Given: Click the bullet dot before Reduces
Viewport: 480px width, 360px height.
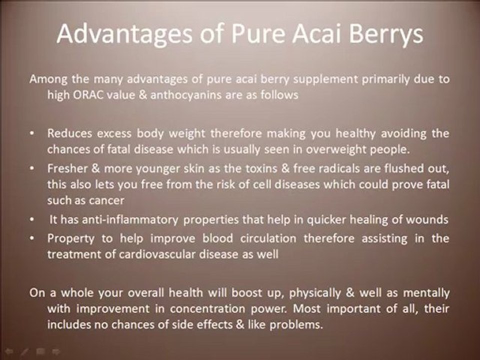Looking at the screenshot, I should click(32, 134).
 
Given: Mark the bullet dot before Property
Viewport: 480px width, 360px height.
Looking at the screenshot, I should click(32, 238).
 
